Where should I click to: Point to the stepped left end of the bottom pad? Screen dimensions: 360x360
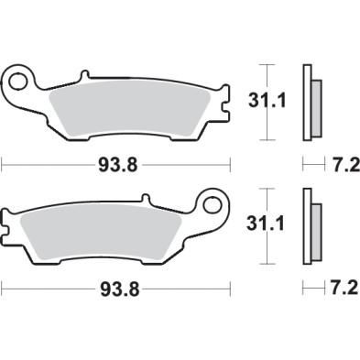[x=9, y=221]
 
